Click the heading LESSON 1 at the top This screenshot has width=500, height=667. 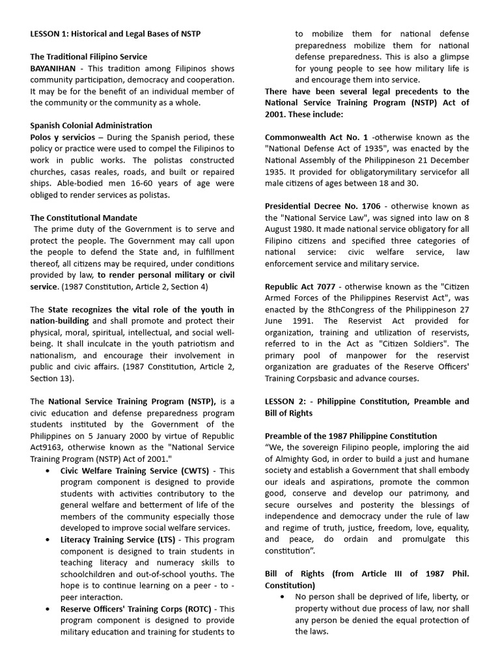[120, 34]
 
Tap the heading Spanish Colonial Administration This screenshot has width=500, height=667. [91, 125]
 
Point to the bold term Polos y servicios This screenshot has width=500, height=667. [61, 137]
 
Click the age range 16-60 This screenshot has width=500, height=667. [115, 184]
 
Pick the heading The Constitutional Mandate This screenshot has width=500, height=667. [84, 218]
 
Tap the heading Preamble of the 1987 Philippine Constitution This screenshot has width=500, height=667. [351, 436]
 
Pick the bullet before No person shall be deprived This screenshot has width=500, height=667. [282, 597]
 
